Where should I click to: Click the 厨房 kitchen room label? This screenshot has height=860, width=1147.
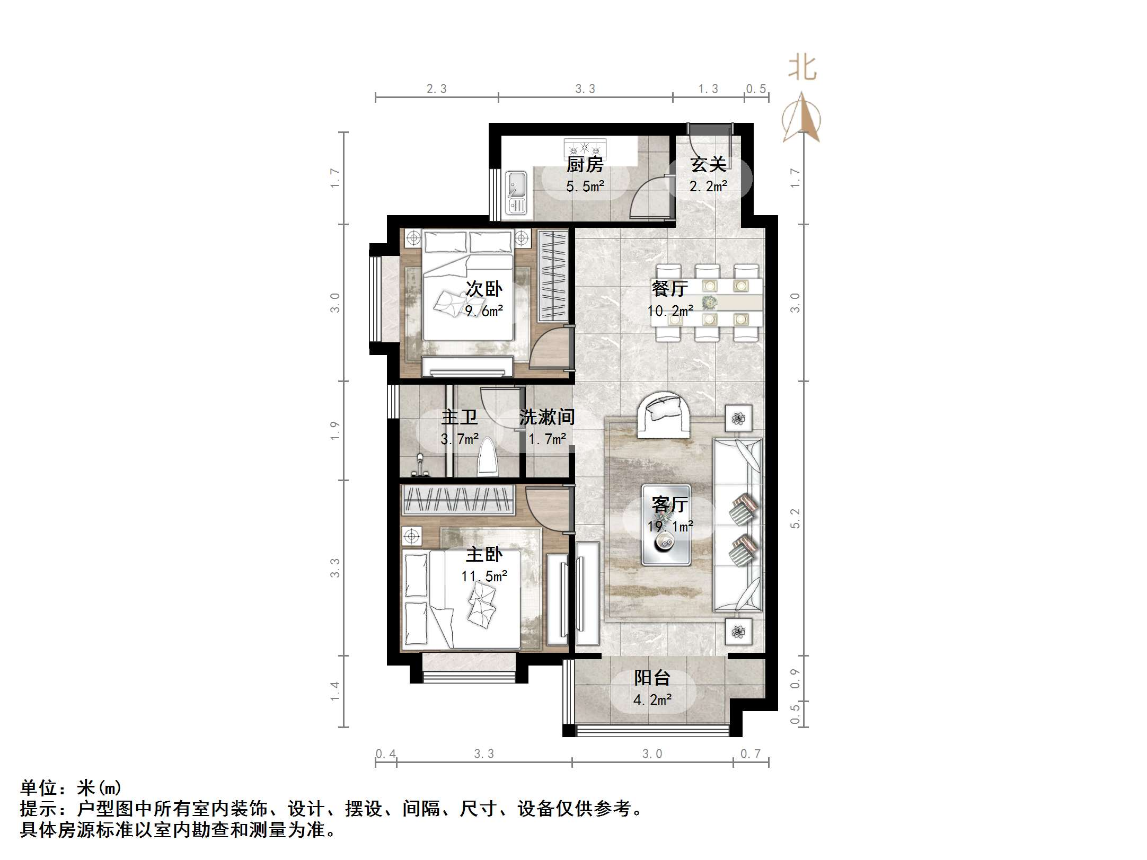(585, 165)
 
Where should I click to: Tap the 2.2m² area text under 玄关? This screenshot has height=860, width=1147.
(708, 187)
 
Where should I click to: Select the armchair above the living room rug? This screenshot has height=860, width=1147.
(663, 415)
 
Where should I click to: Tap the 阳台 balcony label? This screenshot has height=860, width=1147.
(652, 678)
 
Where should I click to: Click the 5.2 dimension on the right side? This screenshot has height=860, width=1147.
(795, 518)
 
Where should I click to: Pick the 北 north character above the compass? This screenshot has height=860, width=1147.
(802, 69)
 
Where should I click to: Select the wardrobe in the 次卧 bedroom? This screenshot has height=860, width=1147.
(553, 276)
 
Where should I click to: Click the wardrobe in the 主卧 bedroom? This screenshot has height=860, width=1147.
(459, 500)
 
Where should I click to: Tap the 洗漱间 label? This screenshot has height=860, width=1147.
(547, 417)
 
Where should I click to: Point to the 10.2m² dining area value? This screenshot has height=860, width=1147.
(670, 311)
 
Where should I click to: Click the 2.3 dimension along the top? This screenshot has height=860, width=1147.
(437, 89)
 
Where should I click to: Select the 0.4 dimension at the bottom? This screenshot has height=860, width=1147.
(385, 753)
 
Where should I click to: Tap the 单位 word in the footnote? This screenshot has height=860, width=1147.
(39, 788)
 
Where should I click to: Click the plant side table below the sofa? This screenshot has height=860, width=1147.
(738, 632)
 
